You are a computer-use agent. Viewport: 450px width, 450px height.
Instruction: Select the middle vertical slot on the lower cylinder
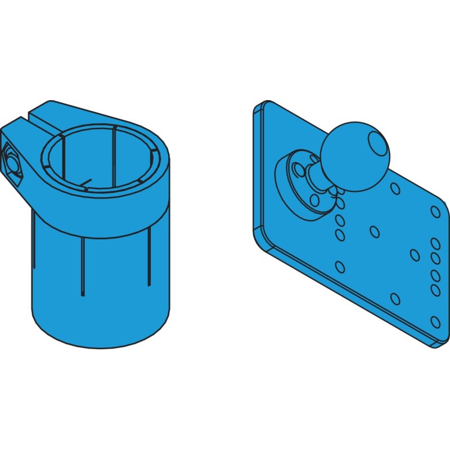point(83,264)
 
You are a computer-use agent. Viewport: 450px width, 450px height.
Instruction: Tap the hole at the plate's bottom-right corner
point(435,322)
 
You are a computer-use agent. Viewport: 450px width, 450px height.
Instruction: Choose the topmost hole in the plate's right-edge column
point(435,211)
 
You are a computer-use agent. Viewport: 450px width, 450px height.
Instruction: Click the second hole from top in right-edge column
point(435,244)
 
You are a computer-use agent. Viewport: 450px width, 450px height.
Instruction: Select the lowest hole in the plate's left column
point(339,266)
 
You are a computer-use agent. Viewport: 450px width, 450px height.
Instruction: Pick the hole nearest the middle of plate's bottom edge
point(394,298)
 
